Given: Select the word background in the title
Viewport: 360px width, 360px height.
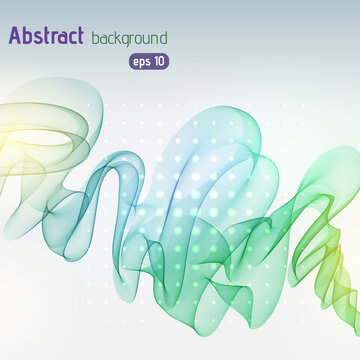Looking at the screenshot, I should point(129,39).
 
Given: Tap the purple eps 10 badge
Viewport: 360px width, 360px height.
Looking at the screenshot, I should point(149,60).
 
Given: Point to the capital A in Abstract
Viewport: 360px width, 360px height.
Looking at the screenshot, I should point(16,37).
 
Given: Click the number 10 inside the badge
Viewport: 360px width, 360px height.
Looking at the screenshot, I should point(159,60).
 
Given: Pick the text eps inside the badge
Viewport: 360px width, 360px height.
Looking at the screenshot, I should point(141,61).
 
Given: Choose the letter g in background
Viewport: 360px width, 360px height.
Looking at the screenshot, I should point(126,41).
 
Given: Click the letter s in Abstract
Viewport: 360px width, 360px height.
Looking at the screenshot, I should point(39,39).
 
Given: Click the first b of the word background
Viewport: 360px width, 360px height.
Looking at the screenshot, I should point(95,38).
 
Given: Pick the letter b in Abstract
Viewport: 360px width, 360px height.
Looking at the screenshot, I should point(28,37).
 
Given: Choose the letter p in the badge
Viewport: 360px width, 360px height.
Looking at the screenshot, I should point(141,62).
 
